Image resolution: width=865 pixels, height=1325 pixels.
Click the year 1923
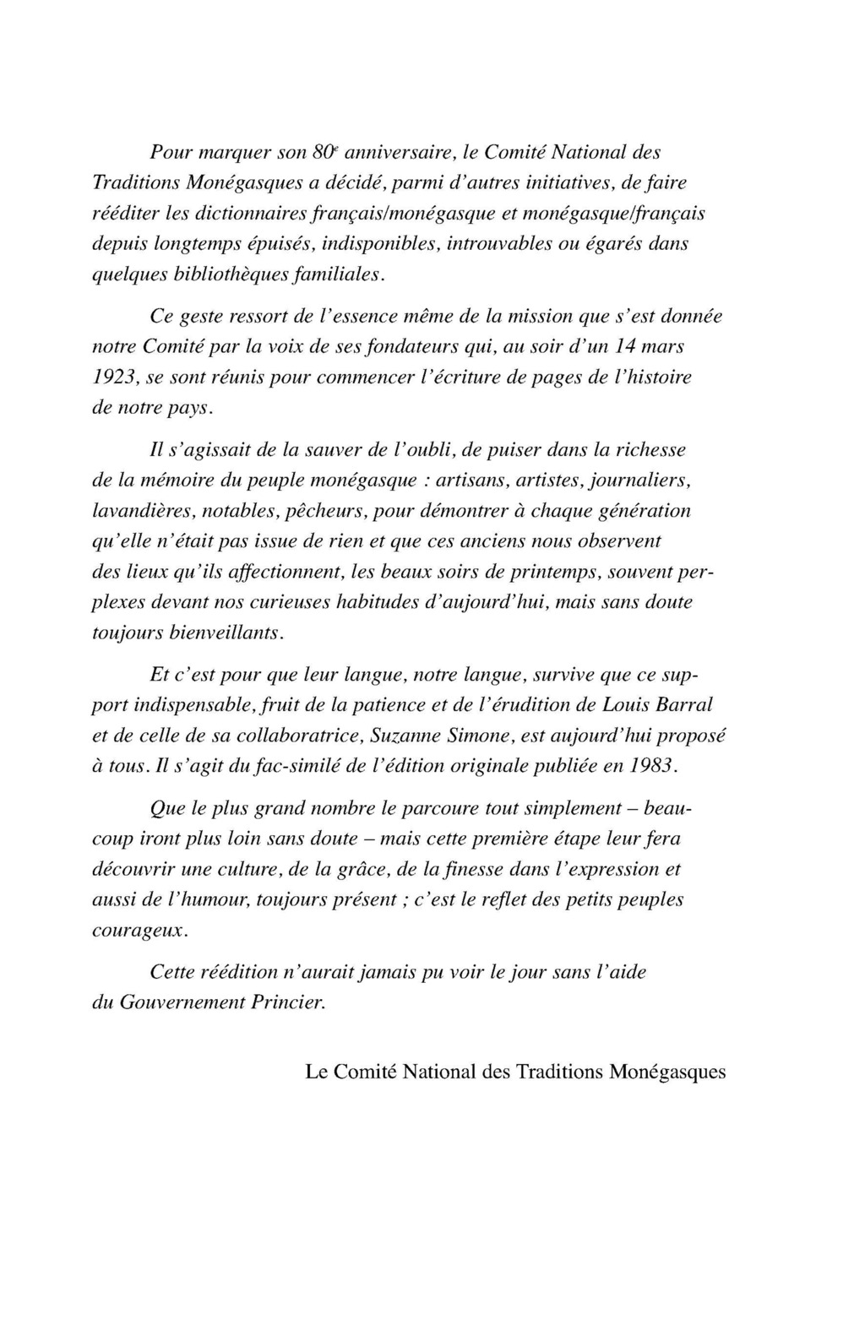(x=112, y=377)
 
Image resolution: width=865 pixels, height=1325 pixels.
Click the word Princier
(x=289, y=1002)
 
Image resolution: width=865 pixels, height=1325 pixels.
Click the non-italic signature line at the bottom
(x=515, y=1072)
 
